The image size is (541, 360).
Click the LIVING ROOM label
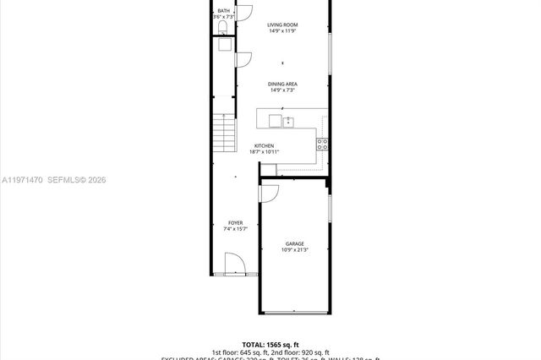click(x=283, y=25)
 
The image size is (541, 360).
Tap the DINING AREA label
click(x=283, y=84)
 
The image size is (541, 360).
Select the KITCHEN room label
click(x=265, y=145)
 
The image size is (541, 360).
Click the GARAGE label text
click(x=294, y=243)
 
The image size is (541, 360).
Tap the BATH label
click(x=223, y=11)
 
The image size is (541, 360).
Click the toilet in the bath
click(x=222, y=29)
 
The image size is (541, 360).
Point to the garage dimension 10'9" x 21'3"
click(x=294, y=250)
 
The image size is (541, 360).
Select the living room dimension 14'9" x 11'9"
click(x=283, y=31)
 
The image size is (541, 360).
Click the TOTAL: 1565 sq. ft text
click(x=270, y=345)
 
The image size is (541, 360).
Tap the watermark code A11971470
click(x=20, y=180)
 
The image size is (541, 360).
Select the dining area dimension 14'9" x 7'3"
click(x=283, y=90)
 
